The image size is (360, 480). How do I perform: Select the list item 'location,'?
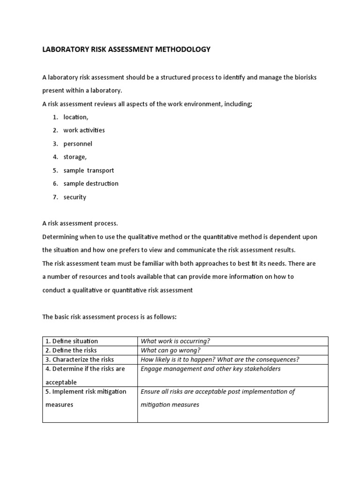(75, 117)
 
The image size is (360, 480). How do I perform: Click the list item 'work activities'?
(84, 130)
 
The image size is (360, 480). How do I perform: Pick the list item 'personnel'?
(78, 144)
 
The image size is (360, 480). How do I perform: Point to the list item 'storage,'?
(75, 157)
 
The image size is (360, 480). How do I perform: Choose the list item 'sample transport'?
(89, 170)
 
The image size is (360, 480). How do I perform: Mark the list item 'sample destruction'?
(91, 183)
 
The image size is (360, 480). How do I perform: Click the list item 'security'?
(75, 197)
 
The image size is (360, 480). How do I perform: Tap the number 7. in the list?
(55, 197)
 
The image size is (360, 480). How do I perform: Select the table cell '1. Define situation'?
(72, 341)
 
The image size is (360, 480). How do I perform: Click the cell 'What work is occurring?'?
(173, 341)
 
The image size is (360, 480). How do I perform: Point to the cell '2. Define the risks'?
(71, 350)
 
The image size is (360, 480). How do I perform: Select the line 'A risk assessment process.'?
(80, 223)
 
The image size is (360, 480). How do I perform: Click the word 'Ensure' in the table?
(150, 391)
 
